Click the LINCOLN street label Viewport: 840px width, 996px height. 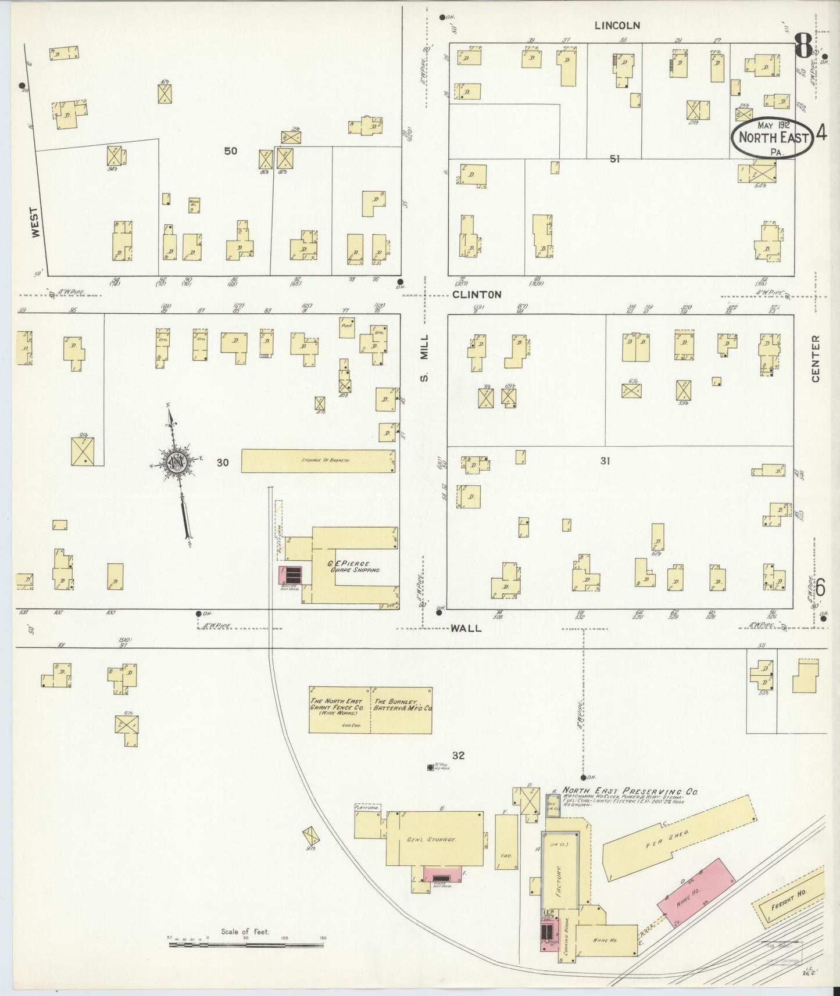point(617,26)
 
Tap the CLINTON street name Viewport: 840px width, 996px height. point(477,295)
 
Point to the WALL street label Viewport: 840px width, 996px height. point(466,628)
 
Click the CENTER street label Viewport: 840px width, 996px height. point(815,359)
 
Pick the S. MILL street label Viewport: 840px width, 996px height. point(424,358)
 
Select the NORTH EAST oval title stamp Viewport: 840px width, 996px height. point(773,138)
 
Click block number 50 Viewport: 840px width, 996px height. point(231,151)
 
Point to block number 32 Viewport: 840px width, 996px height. point(459,755)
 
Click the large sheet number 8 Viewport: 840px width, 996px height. point(803,46)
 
